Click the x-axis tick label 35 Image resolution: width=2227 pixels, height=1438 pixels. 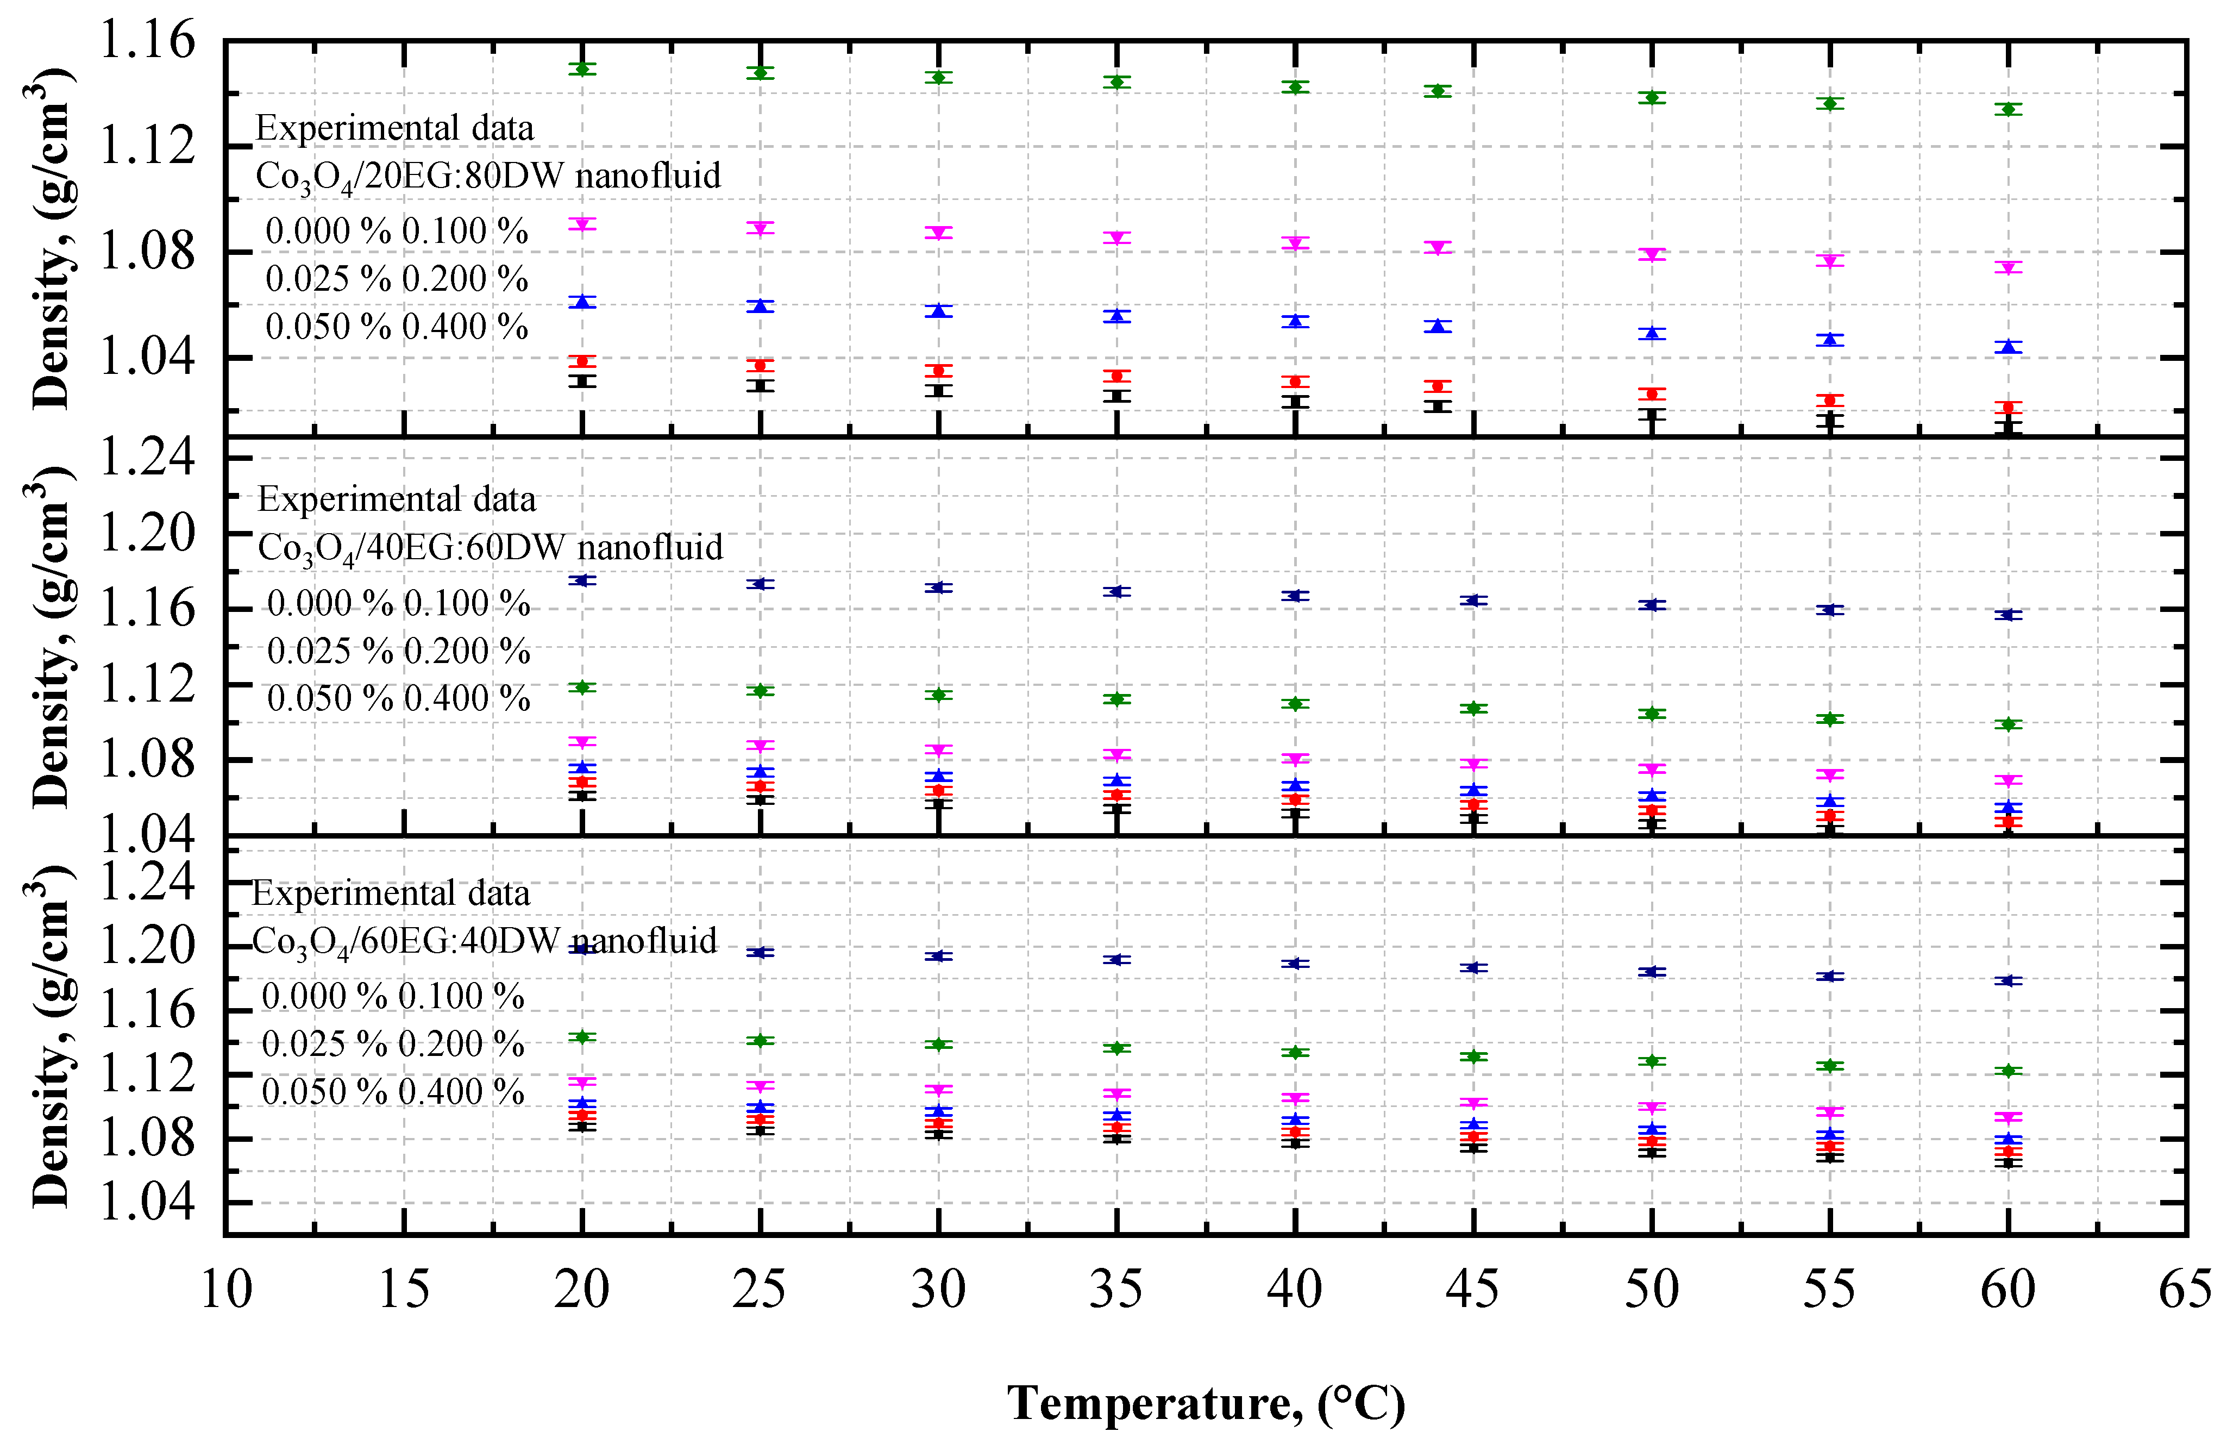1116,1290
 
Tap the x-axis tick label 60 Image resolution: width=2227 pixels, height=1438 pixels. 2008,1290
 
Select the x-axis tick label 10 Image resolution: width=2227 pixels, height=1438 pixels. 227,1290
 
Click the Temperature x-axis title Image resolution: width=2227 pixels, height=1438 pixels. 1206,1403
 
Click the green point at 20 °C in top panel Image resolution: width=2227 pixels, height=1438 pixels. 582,69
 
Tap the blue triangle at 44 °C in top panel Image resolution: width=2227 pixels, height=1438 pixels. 1438,326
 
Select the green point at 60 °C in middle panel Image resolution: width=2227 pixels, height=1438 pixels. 2008,724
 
